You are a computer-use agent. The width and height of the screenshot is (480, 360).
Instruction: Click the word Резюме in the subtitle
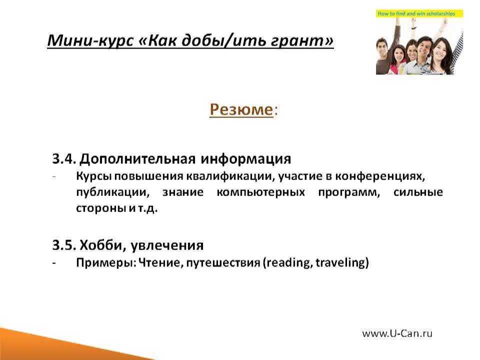tap(241, 109)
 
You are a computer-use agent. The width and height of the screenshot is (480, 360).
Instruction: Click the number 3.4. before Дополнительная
tap(63, 159)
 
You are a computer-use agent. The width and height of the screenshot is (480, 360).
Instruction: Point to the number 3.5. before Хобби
tap(63, 245)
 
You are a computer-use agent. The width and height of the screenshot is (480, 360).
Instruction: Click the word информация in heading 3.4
tap(246, 159)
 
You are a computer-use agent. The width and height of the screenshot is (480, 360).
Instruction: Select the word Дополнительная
tap(137, 159)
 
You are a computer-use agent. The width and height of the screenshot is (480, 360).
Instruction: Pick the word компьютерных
tap(260, 192)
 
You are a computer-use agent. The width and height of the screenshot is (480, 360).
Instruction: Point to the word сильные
tap(418, 192)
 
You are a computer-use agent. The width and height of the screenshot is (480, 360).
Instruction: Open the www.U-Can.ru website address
tap(397, 333)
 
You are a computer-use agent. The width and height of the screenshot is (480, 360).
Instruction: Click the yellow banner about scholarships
tap(419, 13)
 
